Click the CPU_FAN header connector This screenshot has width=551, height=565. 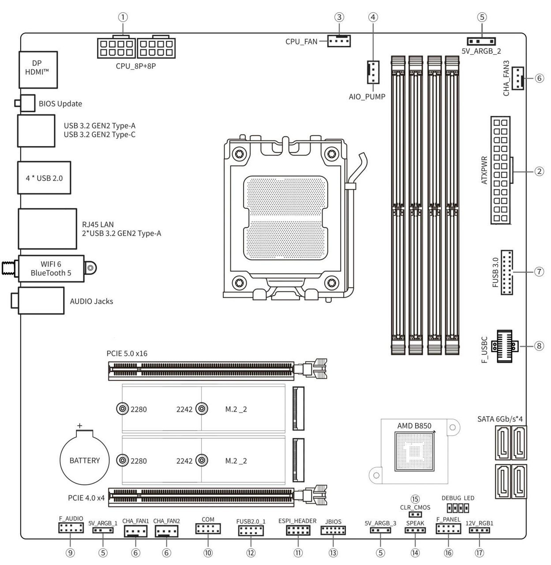tap(339, 41)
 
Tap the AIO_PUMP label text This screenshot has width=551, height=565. tap(367, 97)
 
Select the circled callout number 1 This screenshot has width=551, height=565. tap(123, 17)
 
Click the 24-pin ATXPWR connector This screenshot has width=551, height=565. tap(500, 170)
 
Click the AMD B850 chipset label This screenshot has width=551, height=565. tap(413, 426)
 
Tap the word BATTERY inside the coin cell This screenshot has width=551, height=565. tap(85, 460)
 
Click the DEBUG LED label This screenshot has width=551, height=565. tap(458, 498)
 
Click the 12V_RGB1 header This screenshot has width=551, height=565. tap(479, 529)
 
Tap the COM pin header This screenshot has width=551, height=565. tap(208, 529)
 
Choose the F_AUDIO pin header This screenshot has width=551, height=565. tap(71, 527)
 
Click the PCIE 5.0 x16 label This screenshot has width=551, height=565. tap(127, 354)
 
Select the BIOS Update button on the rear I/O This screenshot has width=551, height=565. tap(27, 103)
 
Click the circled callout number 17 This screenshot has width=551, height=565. tap(479, 553)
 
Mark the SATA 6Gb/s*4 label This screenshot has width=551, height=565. tap(500, 419)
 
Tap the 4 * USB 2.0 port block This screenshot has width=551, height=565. tap(44, 178)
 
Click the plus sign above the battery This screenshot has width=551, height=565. tap(80, 426)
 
